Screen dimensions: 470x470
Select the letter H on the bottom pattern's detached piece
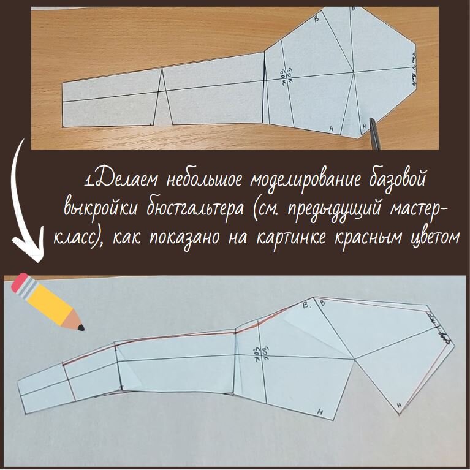(398, 405)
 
